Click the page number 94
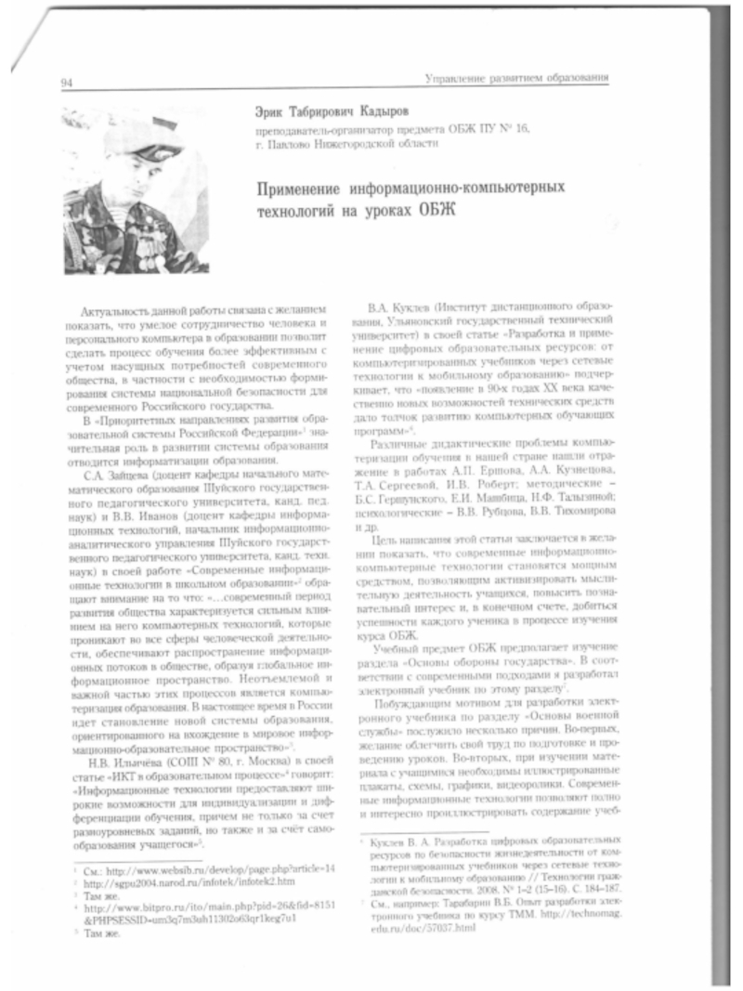67,85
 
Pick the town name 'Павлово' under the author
299,146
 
